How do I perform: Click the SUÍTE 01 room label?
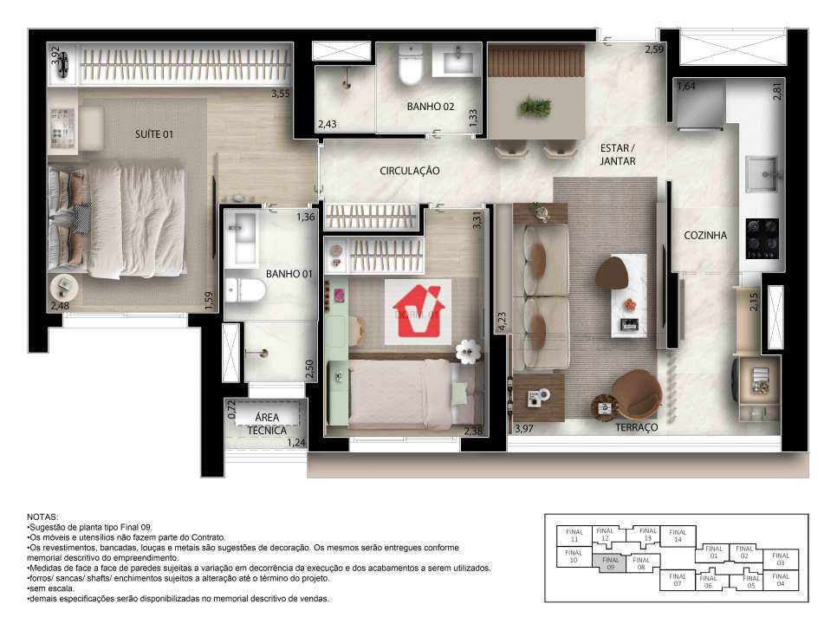point(154,134)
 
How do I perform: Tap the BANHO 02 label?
point(431,107)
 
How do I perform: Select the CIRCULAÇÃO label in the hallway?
point(410,171)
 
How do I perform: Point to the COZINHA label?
point(705,235)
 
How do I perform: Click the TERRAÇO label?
point(637,428)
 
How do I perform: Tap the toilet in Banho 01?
point(247,289)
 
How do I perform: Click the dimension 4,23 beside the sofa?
point(500,323)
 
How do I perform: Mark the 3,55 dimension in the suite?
point(280,94)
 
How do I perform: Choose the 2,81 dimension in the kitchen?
point(777,90)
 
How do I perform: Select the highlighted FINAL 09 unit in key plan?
point(611,563)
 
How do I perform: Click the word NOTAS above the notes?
point(44,516)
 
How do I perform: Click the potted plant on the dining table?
point(535,107)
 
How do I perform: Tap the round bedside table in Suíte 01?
point(64,287)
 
